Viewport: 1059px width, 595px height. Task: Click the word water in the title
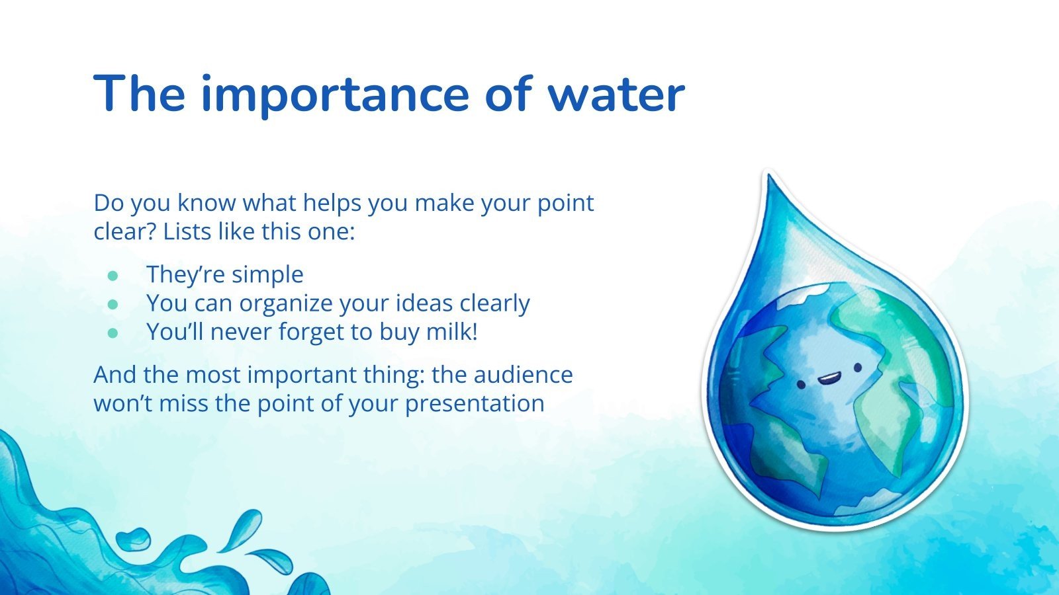(616, 95)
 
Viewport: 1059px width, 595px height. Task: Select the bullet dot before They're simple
(113, 274)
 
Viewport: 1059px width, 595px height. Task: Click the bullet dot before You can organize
(113, 303)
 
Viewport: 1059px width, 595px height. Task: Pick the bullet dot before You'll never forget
(113, 332)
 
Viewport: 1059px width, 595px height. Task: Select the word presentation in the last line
(475, 403)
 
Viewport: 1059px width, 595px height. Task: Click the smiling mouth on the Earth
(828, 379)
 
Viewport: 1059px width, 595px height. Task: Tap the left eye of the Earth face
(800, 384)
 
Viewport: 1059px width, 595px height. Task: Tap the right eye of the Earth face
(858, 368)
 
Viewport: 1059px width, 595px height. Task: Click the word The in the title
(140, 95)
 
